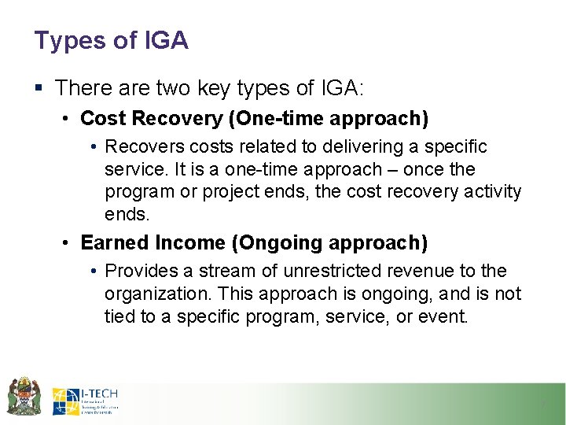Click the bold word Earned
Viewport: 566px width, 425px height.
(111, 242)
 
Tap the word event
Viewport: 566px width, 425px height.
(447, 316)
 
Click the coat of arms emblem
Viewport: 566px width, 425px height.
(24, 396)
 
